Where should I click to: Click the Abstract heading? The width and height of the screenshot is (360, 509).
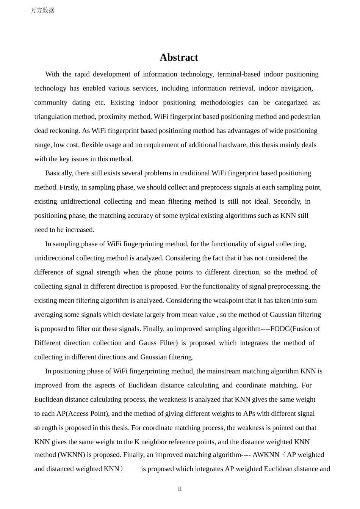(179, 57)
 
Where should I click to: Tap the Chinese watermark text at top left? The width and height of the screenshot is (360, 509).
(42, 10)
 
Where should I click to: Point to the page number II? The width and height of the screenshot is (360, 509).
(180, 489)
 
